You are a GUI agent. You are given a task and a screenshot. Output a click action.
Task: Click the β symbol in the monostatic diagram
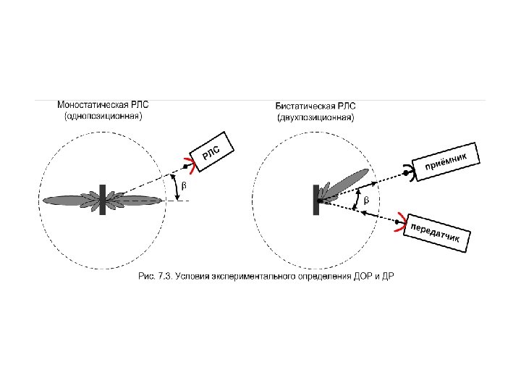[182, 186]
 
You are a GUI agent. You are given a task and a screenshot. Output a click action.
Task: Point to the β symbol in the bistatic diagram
[365, 199]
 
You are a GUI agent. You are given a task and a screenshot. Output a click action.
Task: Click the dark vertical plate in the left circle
[103, 200]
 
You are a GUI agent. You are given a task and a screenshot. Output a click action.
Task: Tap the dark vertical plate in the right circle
[316, 200]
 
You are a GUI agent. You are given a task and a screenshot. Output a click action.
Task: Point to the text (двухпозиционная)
[316, 116]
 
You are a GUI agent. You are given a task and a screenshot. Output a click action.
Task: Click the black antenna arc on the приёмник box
[410, 172]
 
